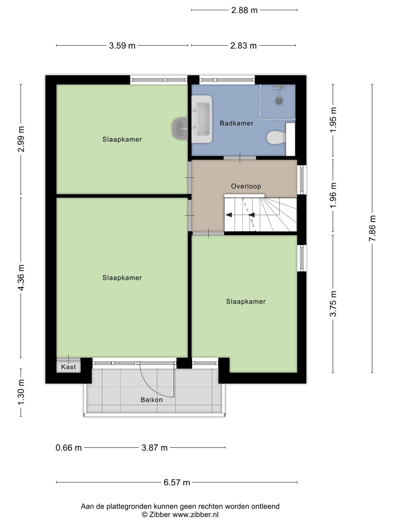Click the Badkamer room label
[x=237, y=123]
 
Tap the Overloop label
[x=246, y=186]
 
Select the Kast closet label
[x=68, y=367]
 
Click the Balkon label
[x=152, y=400]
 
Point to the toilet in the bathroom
[x=276, y=138]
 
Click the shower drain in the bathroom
[x=279, y=101]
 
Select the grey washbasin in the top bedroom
[x=180, y=128]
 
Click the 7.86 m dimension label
[x=372, y=229]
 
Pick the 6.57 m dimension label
[x=177, y=483]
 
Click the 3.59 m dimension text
[x=122, y=46]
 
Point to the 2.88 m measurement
[x=244, y=10]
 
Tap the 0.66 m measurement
[x=69, y=448]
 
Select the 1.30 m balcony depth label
[x=21, y=392]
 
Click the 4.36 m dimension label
[x=21, y=278]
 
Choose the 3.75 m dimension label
[x=333, y=304]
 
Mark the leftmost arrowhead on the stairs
[x=229, y=215]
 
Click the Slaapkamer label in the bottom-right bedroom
[x=246, y=302]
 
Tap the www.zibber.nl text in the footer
[x=195, y=515]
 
